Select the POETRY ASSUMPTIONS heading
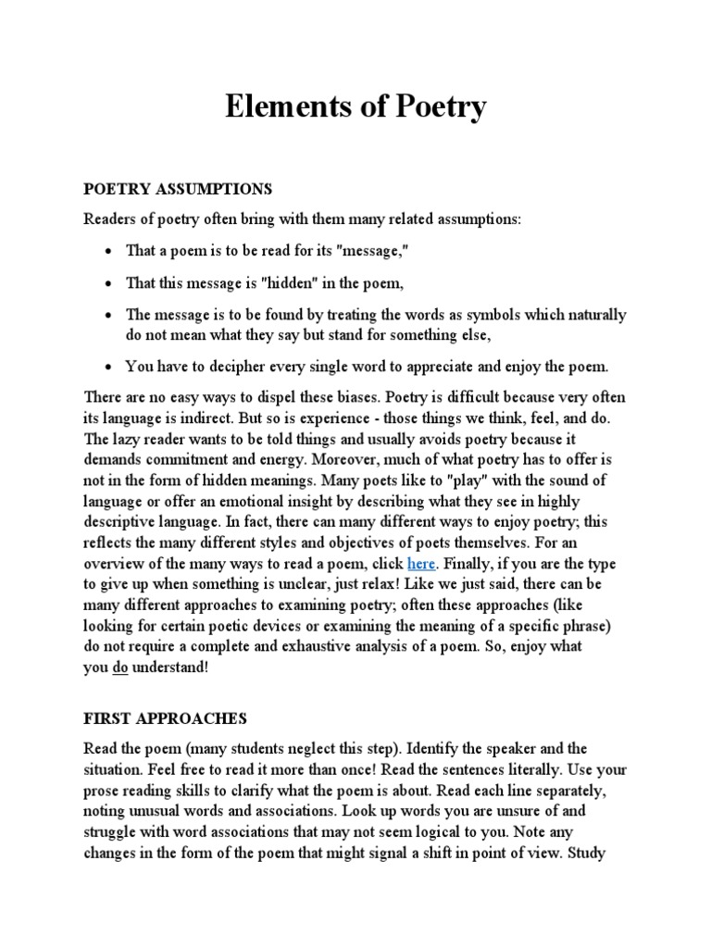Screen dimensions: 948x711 (178, 189)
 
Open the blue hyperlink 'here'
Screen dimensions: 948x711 (421, 564)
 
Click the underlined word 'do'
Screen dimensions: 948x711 (119, 667)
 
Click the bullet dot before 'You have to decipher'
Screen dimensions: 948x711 (109, 367)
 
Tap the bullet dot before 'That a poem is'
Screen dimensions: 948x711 (109, 251)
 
